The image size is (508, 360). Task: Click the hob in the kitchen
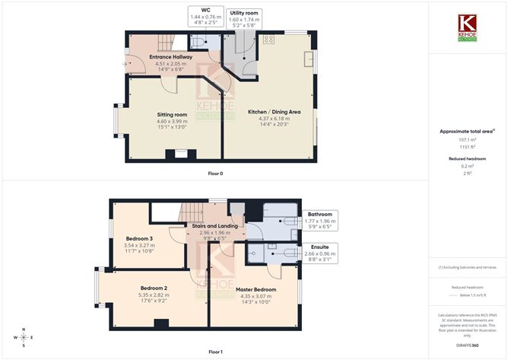pyautogui.click(x=268, y=40)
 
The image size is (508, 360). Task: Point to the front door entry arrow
pyautogui.click(x=125, y=64)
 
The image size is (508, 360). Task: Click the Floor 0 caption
pyautogui.click(x=216, y=174)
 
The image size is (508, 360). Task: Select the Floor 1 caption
pyautogui.click(x=216, y=352)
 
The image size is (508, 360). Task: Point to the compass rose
pyautogui.click(x=24, y=337)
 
